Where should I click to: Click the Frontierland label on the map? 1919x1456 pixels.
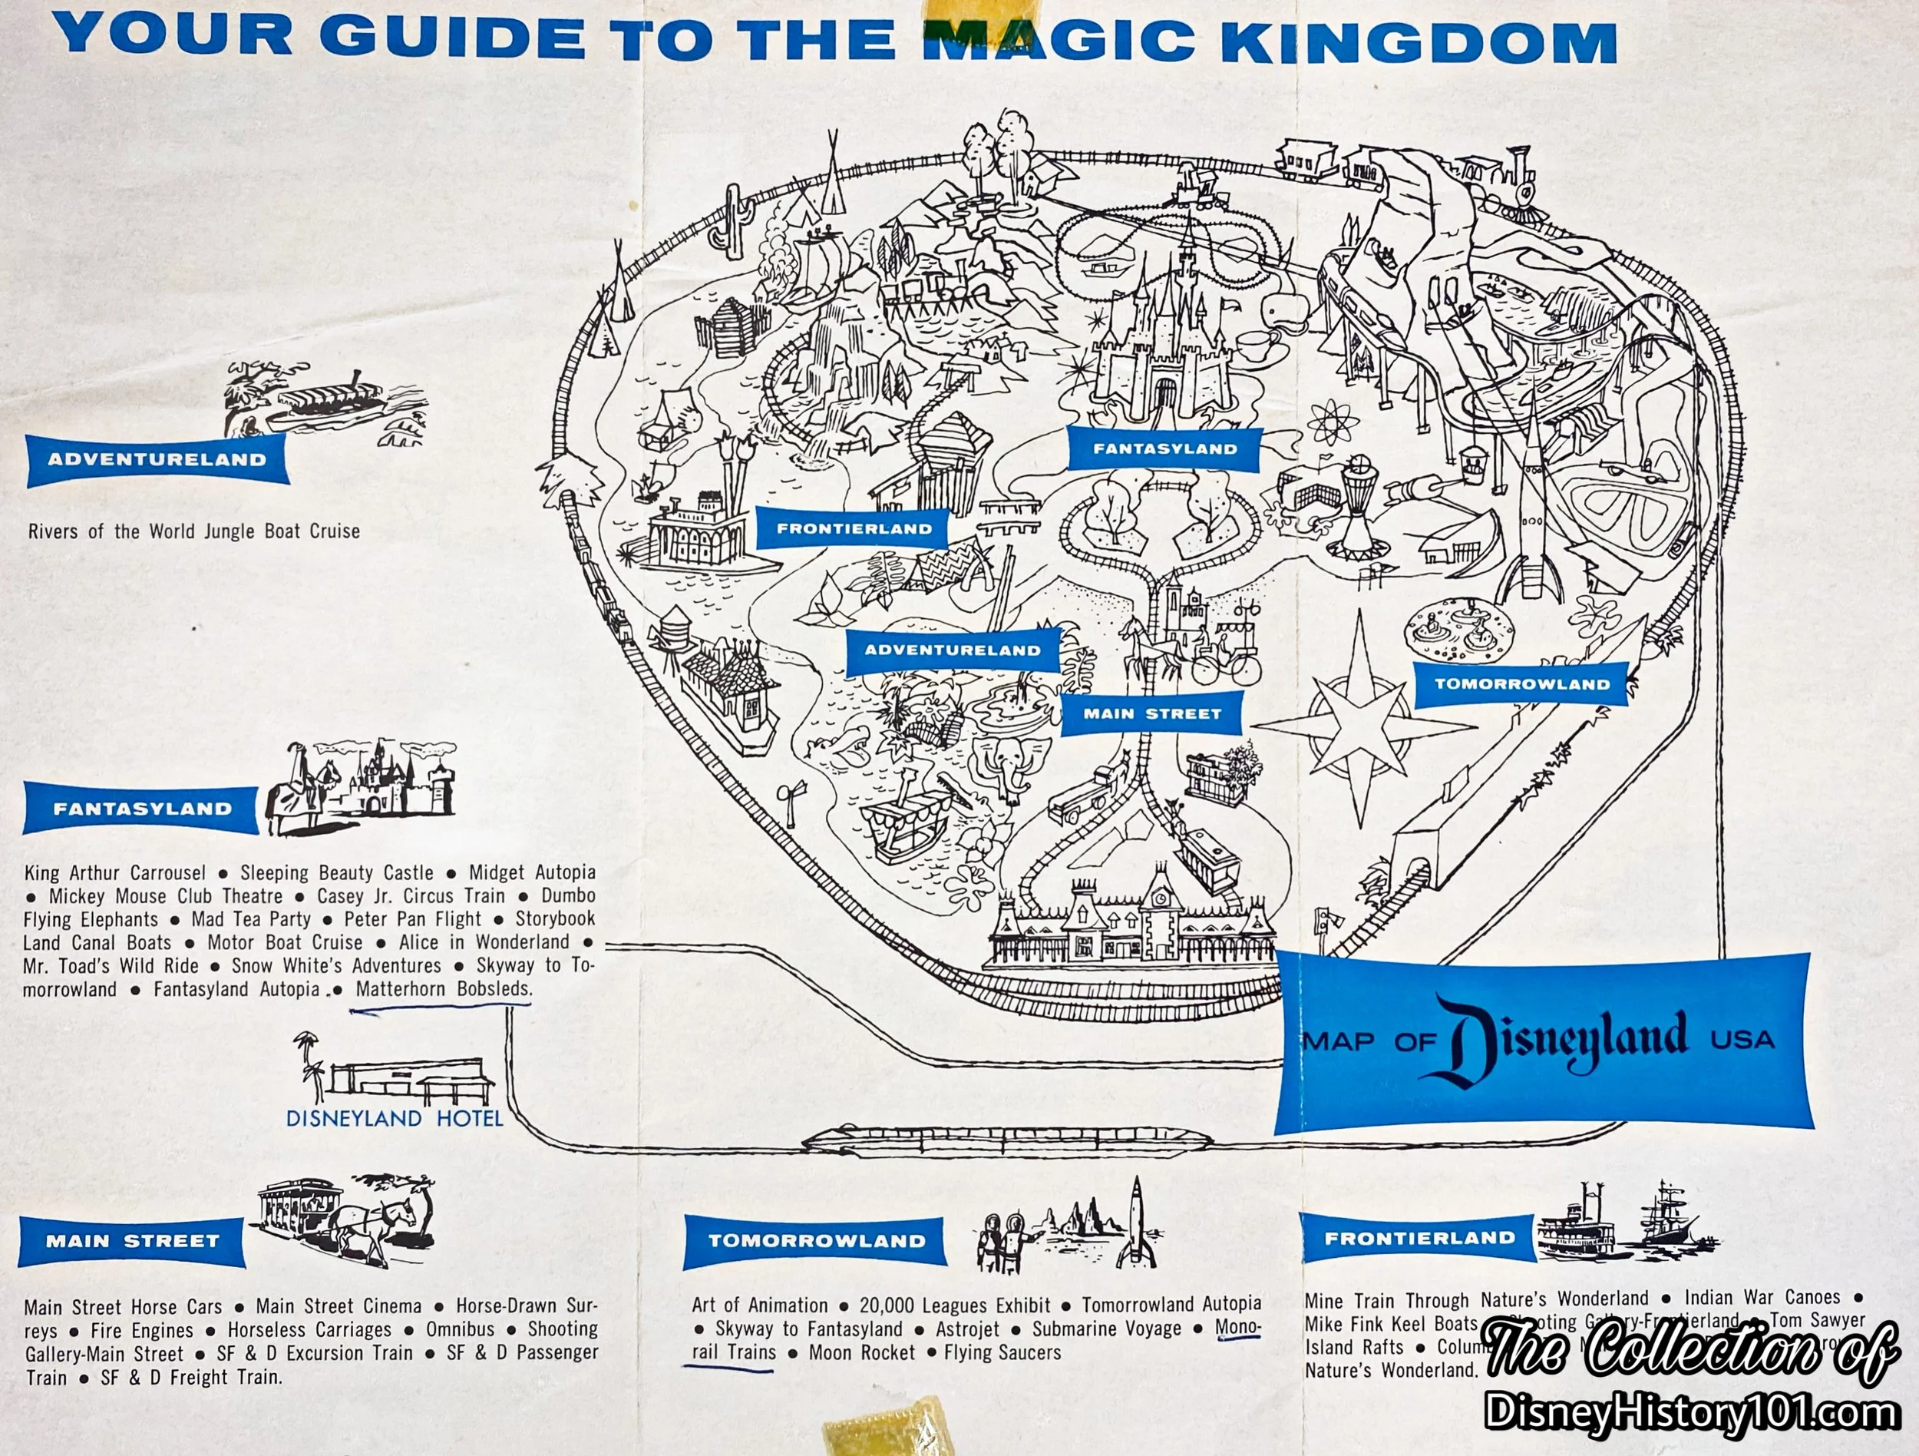click(854, 528)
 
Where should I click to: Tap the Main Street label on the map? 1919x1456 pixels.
click(1152, 714)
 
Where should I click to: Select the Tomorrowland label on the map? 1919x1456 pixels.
click(1521, 683)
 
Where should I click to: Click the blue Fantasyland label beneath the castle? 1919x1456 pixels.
click(1164, 448)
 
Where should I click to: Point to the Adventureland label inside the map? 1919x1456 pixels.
click(952, 650)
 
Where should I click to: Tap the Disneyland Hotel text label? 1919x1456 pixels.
click(395, 1118)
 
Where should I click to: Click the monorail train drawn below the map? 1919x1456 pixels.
click(920, 1141)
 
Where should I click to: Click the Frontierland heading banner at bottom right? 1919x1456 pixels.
click(1419, 1238)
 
